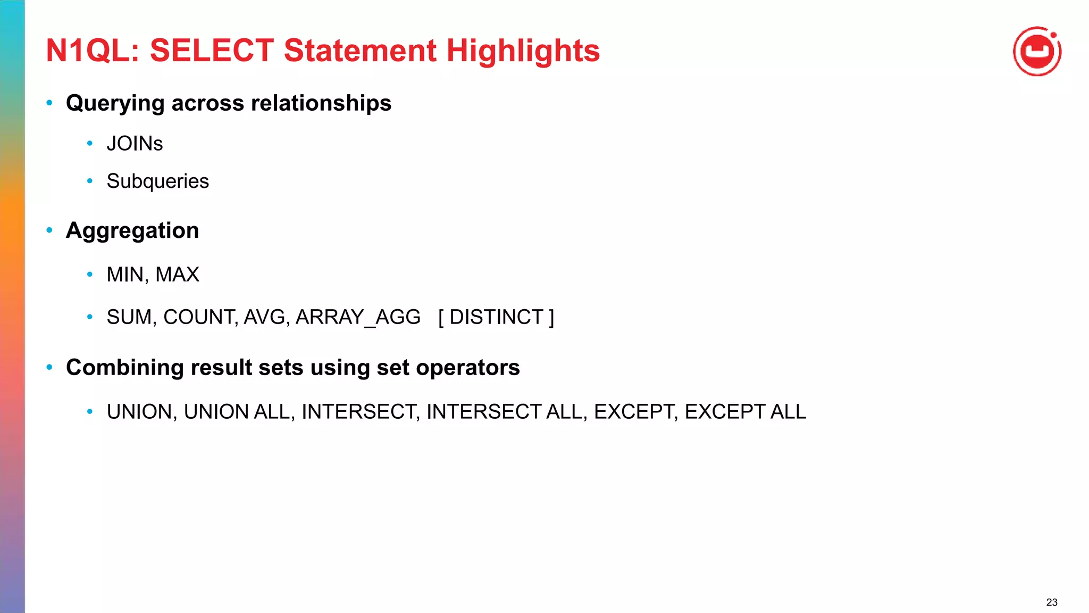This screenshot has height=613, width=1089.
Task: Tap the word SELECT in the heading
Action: coord(212,51)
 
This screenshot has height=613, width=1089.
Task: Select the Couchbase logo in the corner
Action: coord(1037,52)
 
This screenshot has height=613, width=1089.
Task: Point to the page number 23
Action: coord(1051,602)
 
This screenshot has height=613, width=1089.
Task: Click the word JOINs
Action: coord(135,144)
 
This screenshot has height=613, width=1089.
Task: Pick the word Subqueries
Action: coord(157,181)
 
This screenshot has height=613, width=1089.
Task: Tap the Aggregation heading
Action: coord(132,230)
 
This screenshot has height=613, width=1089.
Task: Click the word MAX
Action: coord(177,275)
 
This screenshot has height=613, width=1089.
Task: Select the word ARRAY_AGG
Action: coord(358,317)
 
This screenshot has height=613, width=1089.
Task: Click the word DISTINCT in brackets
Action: coord(496,317)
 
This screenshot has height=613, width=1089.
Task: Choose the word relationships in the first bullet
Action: coord(321,103)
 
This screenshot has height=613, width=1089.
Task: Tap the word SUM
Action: coord(130,317)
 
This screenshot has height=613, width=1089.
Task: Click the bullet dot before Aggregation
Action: coord(49,230)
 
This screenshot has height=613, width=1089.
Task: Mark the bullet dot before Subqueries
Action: coord(90,181)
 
